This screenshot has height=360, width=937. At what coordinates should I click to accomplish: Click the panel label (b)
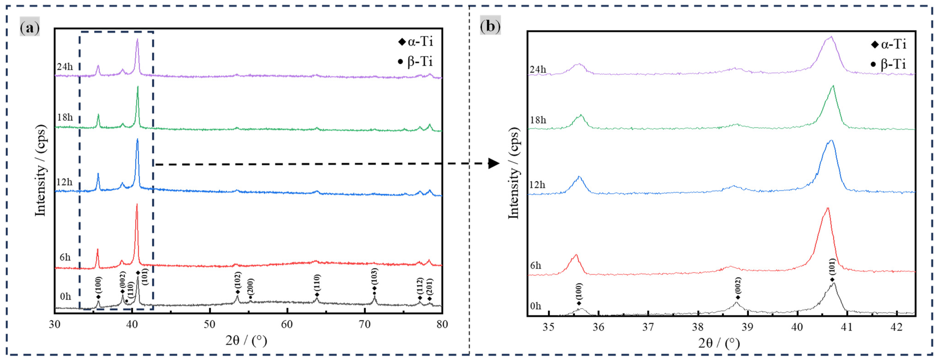pyautogui.click(x=490, y=26)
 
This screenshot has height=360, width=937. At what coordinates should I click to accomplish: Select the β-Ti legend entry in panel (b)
pyautogui.click(x=888, y=64)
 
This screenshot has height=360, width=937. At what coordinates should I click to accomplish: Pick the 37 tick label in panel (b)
pyautogui.click(x=648, y=327)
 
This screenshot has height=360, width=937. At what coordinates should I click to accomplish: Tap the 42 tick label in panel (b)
pyautogui.click(x=896, y=327)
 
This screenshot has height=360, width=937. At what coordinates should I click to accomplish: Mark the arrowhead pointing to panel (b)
pyautogui.click(x=493, y=164)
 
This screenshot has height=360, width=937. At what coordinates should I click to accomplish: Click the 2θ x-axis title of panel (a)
pyautogui.click(x=246, y=341)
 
